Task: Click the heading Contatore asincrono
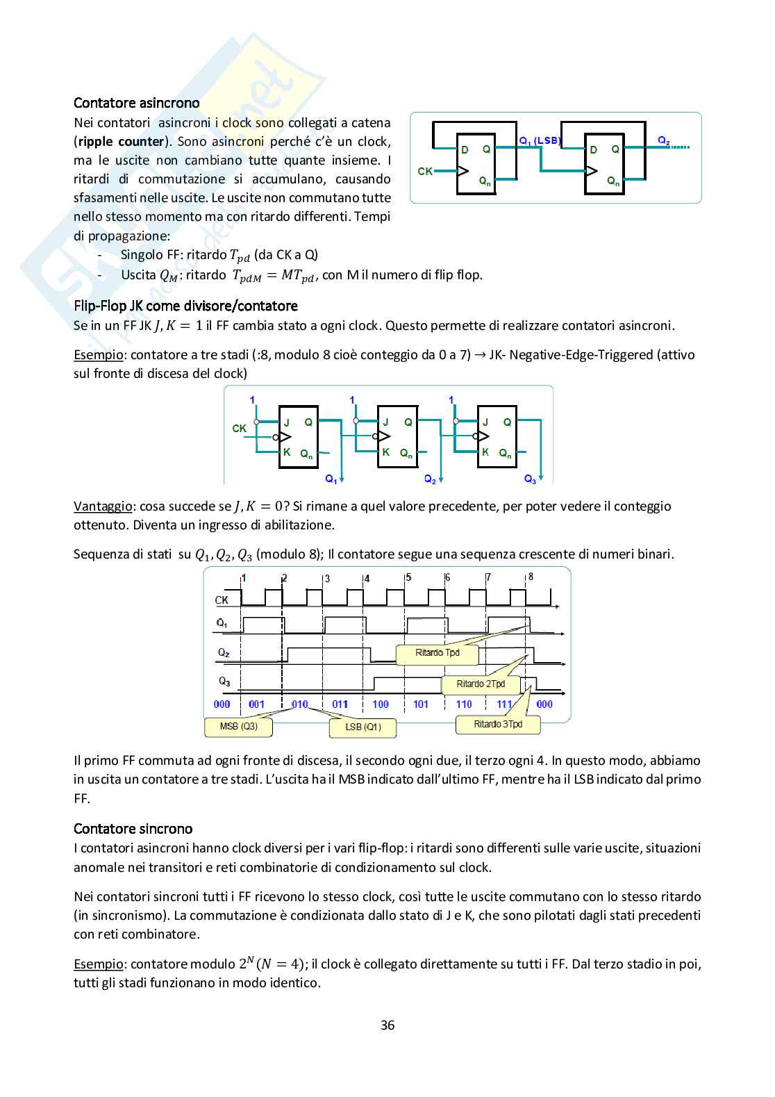pyautogui.click(x=137, y=103)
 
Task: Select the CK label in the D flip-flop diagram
pyautogui.click(x=425, y=171)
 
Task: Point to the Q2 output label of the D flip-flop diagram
pyautogui.click(x=664, y=141)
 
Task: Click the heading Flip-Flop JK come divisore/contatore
pyautogui.click(x=185, y=306)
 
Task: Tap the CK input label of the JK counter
pyautogui.click(x=239, y=429)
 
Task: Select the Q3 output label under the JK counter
pyautogui.click(x=530, y=479)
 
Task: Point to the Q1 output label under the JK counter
pyautogui.click(x=331, y=479)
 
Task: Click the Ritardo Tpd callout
pyautogui.click(x=437, y=653)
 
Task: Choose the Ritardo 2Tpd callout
pyautogui.click(x=481, y=684)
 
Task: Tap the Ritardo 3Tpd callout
pyautogui.click(x=497, y=725)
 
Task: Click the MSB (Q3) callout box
pyautogui.click(x=238, y=727)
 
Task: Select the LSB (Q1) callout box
pyautogui.click(x=363, y=727)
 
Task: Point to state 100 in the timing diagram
pyautogui.click(x=381, y=704)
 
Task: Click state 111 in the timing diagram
pyautogui.click(x=504, y=704)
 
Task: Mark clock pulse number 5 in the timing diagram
pyautogui.click(x=408, y=577)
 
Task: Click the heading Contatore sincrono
pyautogui.click(x=133, y=829)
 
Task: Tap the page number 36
pyautogui.click(x=387, y=1025)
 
